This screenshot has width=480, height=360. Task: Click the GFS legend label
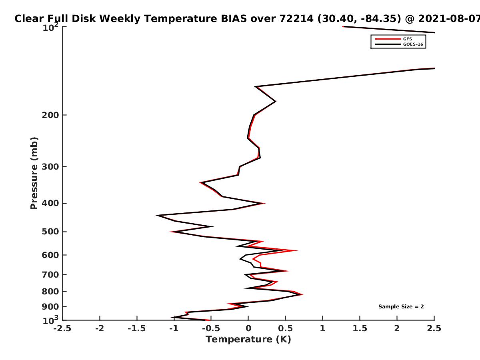(x=407, y=39)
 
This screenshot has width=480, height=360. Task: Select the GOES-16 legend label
(x=413, y=44)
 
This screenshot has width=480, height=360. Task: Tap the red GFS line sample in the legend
(x=388, y=39)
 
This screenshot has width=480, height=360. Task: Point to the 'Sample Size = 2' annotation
(x=401, y=306)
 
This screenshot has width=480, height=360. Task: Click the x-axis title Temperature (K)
(x=248, y=340)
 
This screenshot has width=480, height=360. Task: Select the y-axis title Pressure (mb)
(x=34, y=173)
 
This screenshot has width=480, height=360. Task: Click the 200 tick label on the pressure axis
(x=50, y=115)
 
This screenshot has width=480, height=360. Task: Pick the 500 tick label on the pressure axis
(x=50, y=232)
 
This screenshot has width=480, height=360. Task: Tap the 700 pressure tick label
(x=50, y=274)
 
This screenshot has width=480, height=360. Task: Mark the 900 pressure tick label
(x=50, y=307)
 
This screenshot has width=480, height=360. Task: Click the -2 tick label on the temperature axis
(x=100, y=328)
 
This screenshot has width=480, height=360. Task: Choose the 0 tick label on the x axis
(x=248, y=328)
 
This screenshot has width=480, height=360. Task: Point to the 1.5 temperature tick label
(x=360, y=328)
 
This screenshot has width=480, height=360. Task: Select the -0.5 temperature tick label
(x=211, y=328)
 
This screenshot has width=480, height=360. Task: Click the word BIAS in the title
(x=234, y=19)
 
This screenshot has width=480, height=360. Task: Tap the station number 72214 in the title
(x=296, y=19)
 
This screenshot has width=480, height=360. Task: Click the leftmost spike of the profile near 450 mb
(x=156, y=215)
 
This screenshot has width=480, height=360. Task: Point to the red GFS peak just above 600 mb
(x=297, y=250)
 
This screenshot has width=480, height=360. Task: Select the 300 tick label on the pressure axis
(x=50, y=167)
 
